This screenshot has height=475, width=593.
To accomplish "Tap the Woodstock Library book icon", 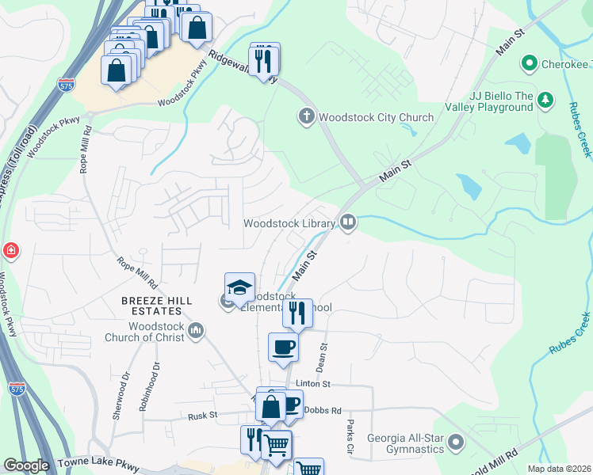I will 347,222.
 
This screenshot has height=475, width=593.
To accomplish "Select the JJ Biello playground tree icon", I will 545,100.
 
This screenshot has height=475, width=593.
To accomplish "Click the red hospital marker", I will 11,252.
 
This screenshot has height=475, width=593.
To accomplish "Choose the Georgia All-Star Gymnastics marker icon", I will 455,442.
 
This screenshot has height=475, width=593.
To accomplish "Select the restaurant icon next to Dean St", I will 298,312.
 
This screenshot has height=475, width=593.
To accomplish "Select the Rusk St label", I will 203,416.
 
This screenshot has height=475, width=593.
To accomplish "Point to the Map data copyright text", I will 558,469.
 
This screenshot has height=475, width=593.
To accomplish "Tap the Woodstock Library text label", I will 289,223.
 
